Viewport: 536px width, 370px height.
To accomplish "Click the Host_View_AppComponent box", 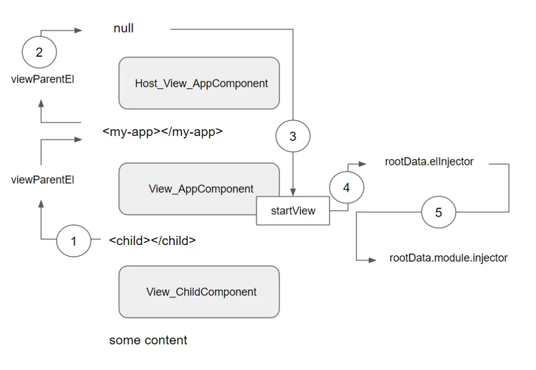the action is (x=199, y=83).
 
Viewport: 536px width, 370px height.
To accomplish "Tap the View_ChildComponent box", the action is (x=199, y=292).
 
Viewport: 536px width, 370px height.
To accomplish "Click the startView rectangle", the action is (x=293, y=211).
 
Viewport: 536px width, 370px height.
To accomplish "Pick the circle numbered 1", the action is (x=74, y=241).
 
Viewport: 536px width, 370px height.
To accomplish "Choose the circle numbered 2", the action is (x=39, y=52).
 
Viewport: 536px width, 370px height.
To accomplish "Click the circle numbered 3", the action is (x=293, y=136).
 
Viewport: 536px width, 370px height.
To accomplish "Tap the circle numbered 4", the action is (x=347, y=187).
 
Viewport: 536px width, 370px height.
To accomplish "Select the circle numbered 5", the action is (x=439, y=212).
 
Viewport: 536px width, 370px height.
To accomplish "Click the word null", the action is (x=123, y=28).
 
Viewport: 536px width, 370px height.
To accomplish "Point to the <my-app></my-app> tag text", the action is (x=162, y=132).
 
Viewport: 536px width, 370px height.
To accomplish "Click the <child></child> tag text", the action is (x=153, y=241).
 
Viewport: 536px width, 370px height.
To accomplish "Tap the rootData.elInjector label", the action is (x=429, y=161).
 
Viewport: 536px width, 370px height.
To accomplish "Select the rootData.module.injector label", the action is (x=448, y=257).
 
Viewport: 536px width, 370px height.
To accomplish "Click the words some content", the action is (x=148, y=340).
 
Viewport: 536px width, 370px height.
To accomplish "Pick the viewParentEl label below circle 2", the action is (x=43, y=80).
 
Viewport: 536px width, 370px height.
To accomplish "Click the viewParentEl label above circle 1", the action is (x=43, y=180).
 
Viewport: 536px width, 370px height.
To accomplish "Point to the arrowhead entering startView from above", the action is (x=293, y=192).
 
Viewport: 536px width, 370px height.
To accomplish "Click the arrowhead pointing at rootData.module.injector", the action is (x=372, y=260).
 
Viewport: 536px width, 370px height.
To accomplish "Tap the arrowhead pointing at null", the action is (x=78, y=31).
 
